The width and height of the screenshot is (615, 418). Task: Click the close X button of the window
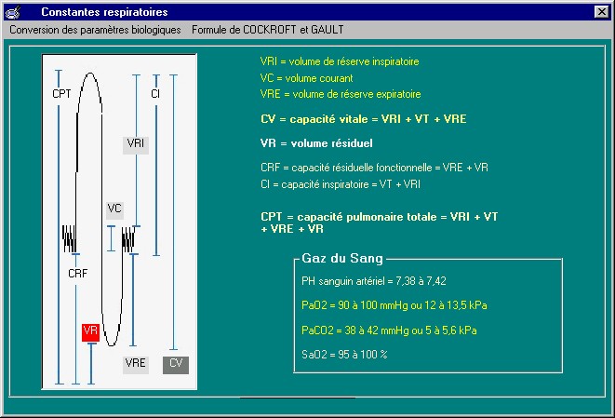coord(601,12)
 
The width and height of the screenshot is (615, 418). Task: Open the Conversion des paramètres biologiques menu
coord(95,30)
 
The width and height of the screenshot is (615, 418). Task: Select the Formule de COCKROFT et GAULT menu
coord(268,30)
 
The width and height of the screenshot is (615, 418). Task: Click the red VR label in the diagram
coord(90,332)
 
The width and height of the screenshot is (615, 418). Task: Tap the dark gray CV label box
coord(176,365)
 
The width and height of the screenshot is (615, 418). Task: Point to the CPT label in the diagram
coord(61,94)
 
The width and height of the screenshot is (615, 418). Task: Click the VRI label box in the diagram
coord(136,145)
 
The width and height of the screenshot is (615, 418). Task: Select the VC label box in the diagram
coord(114,210)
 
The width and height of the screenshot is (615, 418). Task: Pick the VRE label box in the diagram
coord(136,365)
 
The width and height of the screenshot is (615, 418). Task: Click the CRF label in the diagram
coord(77,273)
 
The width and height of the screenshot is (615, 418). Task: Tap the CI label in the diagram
coord(155,94)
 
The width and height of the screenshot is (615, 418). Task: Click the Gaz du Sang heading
coord(342,258)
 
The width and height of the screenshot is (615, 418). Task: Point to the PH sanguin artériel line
coord(374,281)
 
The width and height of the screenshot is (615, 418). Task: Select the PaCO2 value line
coord(389,330)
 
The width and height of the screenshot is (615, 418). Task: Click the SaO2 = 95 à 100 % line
coord(344,355)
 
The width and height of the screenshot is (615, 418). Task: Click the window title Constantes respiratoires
coord(104,12)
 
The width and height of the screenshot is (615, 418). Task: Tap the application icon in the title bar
coord(12,12)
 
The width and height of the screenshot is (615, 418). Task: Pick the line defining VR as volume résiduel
coord(316,143)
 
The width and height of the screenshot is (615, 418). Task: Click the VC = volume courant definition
coord(307,78)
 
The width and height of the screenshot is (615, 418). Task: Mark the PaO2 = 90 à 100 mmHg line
coord(394,305)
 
